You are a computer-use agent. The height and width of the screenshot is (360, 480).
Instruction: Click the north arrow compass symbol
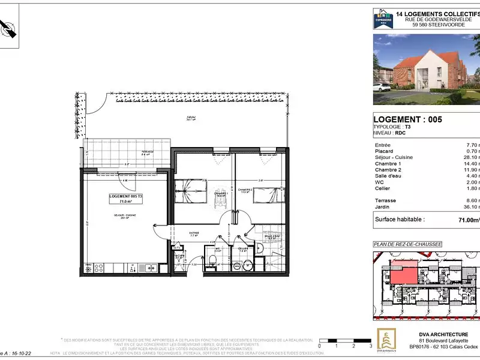[10, 28]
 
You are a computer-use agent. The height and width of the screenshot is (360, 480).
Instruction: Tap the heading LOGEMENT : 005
[407, 119]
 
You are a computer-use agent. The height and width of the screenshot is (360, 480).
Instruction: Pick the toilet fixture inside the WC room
[212, 259]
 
